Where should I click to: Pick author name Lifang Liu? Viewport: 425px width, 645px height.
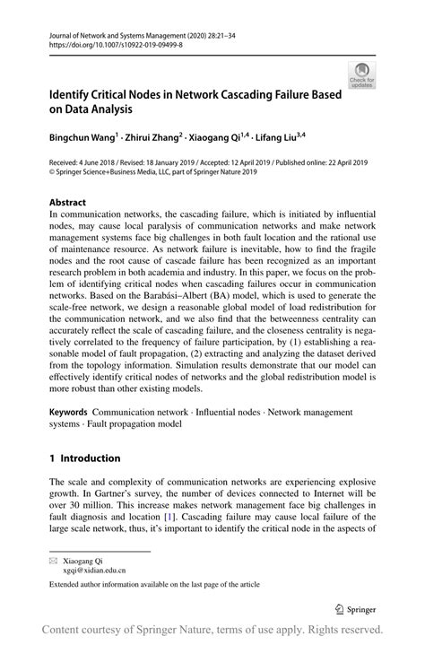[275, 139]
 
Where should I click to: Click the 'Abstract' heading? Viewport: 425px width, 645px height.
[69, 203]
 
